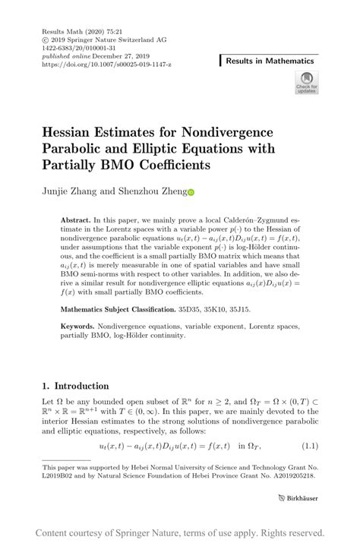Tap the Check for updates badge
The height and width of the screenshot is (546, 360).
306,83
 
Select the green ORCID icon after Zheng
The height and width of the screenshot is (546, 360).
191,193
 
